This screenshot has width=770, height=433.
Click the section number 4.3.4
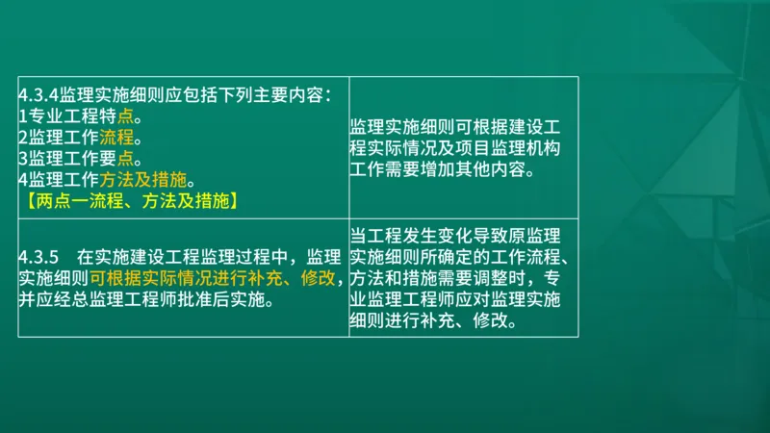(38, 94)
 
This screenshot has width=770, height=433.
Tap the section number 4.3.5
(39, 257)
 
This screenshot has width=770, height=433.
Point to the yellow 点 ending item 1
(126, 115)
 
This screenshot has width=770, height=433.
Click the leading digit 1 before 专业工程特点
(22, 115)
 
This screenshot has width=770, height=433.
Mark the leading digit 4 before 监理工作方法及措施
(22, 179)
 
